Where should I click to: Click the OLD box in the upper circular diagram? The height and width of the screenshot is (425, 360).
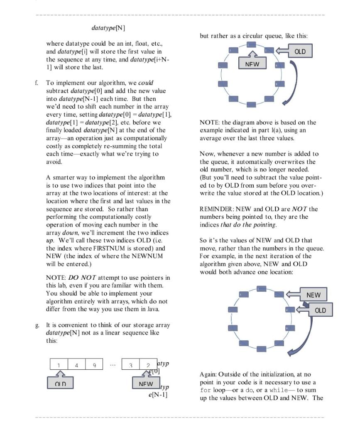299,51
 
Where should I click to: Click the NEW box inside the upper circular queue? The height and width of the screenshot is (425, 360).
252,64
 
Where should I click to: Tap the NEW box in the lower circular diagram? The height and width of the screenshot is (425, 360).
313,295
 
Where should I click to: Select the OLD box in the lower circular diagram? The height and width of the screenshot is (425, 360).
320,310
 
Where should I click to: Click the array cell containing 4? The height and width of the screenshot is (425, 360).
76,365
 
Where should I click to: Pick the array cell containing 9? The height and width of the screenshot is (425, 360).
94,365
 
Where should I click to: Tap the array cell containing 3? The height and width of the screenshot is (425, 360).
130,365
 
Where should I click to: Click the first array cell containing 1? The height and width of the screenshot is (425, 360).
59,365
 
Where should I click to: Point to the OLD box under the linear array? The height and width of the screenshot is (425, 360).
60,384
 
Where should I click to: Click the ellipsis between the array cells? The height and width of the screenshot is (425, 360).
113,365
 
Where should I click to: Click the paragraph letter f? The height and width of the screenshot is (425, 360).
37,83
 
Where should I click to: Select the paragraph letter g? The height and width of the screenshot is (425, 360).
37,325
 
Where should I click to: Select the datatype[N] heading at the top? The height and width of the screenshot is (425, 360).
108,28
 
